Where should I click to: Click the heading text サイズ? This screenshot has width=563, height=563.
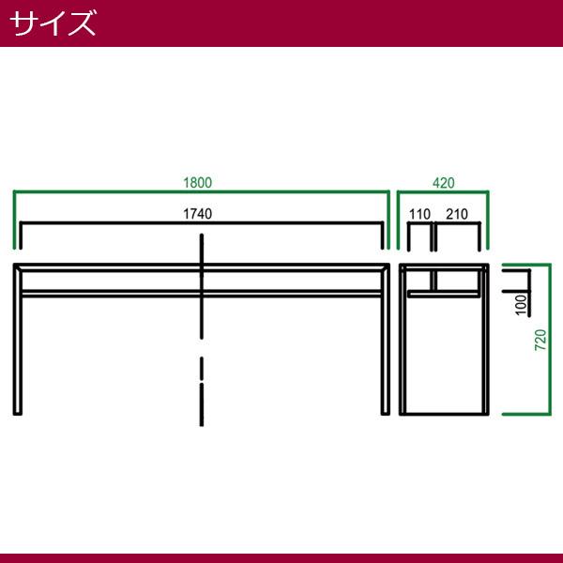(53, 23)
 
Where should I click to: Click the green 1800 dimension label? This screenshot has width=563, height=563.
(197, 183)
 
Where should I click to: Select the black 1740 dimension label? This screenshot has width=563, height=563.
(197, 214)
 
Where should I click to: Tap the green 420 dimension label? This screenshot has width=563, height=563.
(444, 183)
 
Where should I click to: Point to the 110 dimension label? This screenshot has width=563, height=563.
(419, 214)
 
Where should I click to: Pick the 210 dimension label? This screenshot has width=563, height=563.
(457, 214)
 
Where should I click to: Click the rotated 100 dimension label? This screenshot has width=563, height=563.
(521, 305)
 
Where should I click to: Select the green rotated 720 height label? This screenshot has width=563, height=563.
(540, 340)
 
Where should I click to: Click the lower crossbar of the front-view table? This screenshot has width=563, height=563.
(202, 294)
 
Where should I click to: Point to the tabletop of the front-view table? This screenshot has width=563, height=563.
(202, 267)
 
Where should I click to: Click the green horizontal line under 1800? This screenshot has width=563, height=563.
(202, 192)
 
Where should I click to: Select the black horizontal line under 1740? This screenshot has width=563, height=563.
(202, 223)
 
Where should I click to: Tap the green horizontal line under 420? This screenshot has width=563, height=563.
(443, 192)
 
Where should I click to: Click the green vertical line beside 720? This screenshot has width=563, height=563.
(549, 340)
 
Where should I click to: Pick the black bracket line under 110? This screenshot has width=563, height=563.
(419, 223)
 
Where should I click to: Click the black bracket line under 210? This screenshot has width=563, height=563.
(458, 223)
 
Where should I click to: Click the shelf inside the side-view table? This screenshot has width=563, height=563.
(444, 295)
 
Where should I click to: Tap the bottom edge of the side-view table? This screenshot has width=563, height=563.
(444, 414)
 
